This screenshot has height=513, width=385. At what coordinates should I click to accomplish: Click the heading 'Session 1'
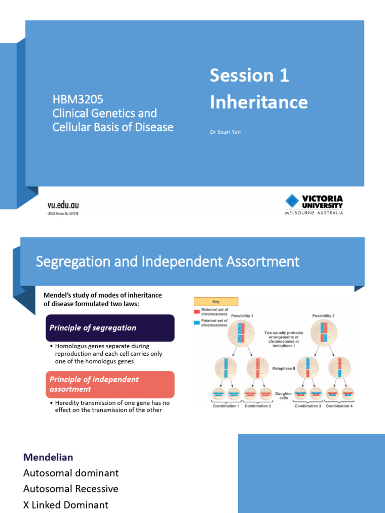(249, 75)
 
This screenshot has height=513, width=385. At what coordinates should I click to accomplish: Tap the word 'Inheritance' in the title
(258, 102)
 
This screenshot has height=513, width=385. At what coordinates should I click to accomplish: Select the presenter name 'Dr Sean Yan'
(225, 132)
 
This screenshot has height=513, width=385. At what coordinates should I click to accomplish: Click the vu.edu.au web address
(63, 205)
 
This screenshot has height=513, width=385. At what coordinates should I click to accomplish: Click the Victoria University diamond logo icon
(292, 202)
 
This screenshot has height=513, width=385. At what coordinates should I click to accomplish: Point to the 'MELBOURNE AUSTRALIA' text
(311, 213)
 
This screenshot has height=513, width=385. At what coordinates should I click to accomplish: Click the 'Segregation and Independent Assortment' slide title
(167, 262)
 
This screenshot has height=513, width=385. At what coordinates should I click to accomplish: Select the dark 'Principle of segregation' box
(110, 328)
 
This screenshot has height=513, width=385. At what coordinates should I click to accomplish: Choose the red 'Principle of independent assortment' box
(110, 384)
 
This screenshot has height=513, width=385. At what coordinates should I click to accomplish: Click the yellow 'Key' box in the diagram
(216, 302)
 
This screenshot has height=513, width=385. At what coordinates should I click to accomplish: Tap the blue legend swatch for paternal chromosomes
(197, 322)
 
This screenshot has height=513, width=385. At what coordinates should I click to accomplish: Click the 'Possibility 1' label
(242, 316)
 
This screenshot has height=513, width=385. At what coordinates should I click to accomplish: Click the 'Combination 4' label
(339, 406)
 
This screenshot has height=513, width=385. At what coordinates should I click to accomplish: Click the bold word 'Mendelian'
(48, 457)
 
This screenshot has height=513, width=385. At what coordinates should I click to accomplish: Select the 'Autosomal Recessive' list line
(71, 489)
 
